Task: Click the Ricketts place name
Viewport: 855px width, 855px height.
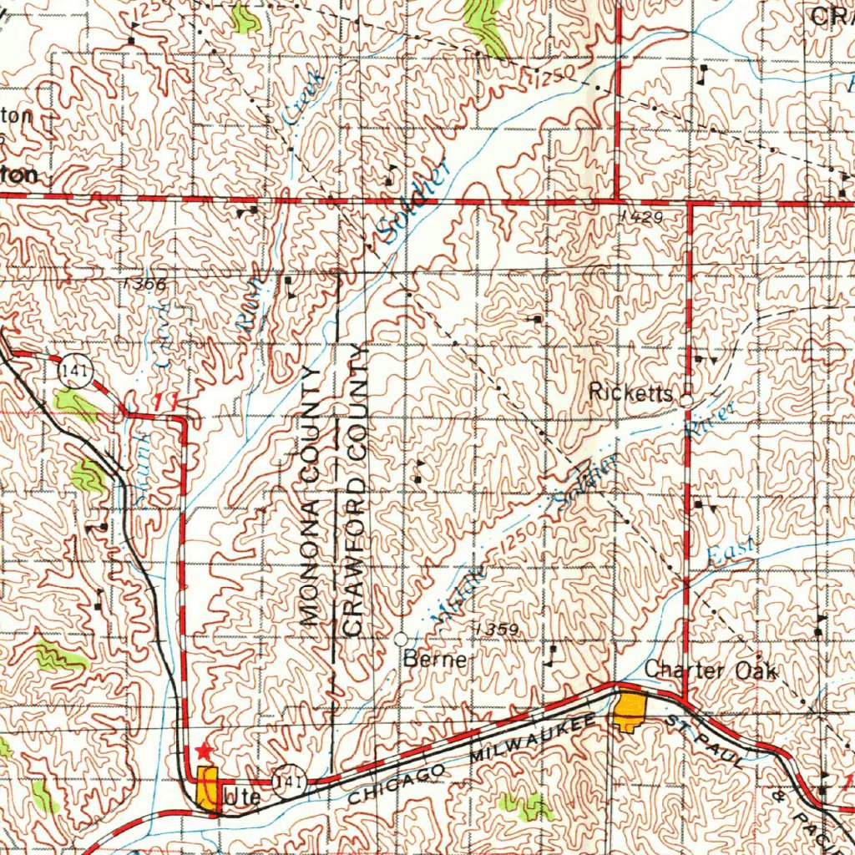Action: [630, 392]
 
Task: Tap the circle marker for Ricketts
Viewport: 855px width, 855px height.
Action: [686, 401]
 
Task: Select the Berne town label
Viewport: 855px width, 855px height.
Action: [434, 660]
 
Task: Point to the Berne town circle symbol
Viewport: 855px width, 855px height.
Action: [401, 639]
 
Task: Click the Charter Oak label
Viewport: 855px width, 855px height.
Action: [711, 670]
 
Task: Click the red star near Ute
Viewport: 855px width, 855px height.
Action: [203, 752]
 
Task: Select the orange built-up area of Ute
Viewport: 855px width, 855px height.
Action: [207, 787]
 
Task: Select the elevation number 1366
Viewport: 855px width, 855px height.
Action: [144, 284]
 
